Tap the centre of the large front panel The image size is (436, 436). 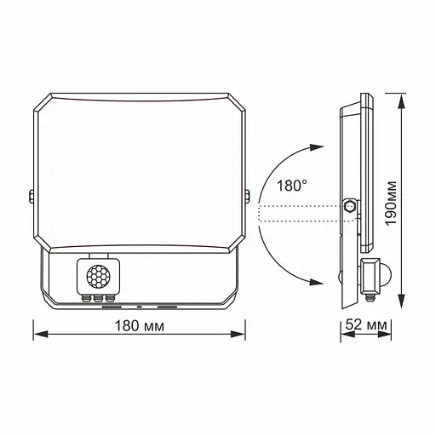click(141, 170)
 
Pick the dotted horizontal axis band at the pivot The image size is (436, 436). click(302, 214)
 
